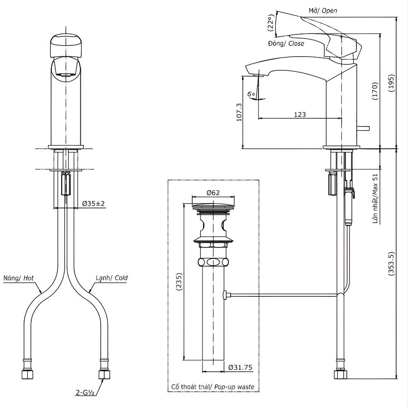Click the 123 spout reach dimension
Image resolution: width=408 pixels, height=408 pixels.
pyautogui.click(x=300, y=115)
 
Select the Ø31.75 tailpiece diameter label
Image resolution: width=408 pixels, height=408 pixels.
pyautogui.click(x=240, y=368)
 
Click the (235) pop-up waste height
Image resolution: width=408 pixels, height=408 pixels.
pyautogui.click(x=178, y=283)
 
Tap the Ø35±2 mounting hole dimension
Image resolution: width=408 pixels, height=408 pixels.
pyautogui.click(x=94, y=204)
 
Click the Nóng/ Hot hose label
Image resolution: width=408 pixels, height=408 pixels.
pyautogui.click(x=19, y=277)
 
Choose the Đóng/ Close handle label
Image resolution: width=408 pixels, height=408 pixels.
pyautogui.click(x=286, y=44)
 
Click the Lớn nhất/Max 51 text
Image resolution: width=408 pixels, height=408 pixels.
pyautogui.click(x=376, y=199)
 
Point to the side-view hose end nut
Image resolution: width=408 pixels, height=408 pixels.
pyautogui.click(x=340, y=374)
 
